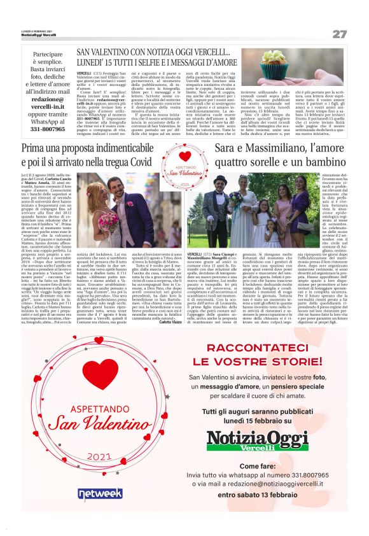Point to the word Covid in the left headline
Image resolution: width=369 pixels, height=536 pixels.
[141, 164]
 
